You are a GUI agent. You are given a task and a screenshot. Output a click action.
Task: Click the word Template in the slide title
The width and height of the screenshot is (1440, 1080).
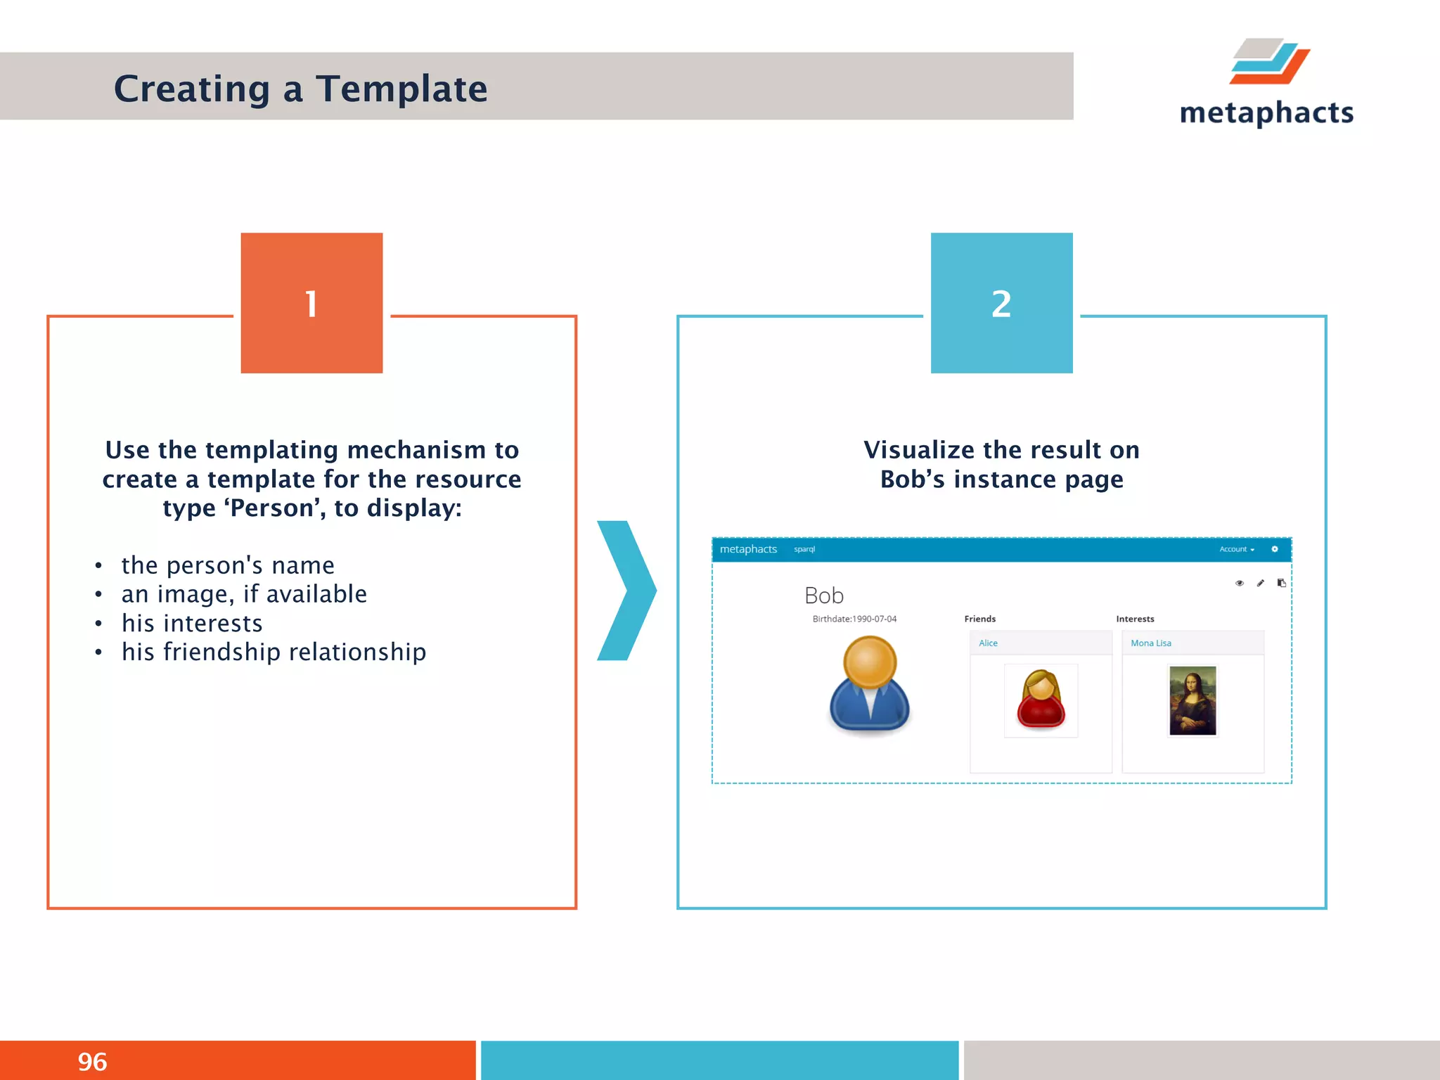401,89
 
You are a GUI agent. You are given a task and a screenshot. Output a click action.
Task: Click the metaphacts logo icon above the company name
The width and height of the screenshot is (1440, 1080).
1270,61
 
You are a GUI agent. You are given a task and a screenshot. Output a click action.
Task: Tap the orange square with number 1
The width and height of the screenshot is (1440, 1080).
311,303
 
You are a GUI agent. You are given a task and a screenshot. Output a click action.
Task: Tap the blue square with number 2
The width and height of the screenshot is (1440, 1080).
1001,303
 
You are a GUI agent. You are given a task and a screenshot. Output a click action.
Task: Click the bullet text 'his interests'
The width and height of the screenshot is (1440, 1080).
192,623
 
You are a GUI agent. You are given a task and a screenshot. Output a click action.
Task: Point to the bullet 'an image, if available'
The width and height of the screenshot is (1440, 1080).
244,594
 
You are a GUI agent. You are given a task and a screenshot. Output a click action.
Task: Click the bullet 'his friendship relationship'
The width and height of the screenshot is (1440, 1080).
274,652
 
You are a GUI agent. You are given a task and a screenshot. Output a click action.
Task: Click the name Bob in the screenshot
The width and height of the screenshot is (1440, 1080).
823,596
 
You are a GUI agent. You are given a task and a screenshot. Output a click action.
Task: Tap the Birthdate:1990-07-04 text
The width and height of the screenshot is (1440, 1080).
854,619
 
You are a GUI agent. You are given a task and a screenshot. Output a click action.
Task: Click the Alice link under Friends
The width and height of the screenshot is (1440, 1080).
988,643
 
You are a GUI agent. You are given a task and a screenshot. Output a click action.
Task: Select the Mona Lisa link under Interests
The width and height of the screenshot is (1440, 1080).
1150,643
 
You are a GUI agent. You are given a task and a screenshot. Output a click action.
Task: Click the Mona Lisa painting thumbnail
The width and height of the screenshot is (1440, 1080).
1192,700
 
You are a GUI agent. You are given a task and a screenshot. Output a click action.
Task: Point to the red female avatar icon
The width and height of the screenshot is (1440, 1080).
1041,700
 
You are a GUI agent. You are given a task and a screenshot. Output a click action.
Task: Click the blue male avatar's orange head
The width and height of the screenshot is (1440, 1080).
870,662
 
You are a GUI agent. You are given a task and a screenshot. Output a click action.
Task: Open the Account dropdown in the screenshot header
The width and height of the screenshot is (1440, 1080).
1236,549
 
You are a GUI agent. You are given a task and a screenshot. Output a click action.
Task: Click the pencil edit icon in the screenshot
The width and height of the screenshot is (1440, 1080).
1260,583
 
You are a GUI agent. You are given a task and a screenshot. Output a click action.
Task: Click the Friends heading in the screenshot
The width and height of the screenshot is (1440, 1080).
979,619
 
